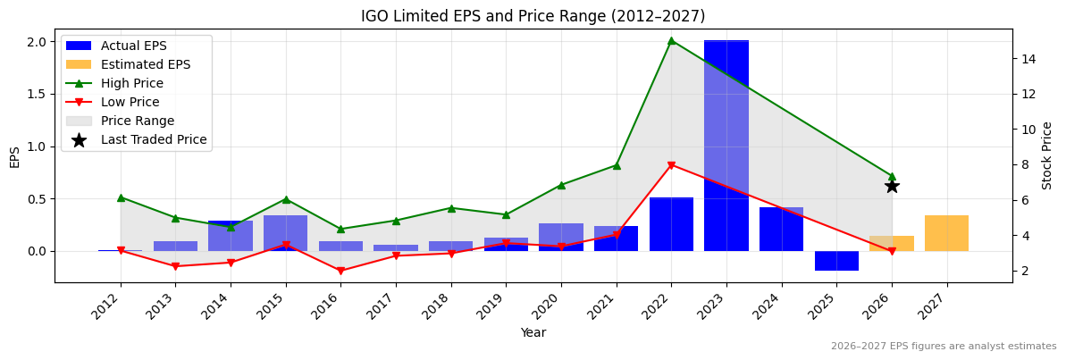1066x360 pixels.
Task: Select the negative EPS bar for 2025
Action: tap(836, 260)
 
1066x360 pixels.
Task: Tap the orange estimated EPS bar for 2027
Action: tap(946, 233)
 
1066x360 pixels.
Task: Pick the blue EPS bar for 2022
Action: tap(671, 224)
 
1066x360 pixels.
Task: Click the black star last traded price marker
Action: tap(892, 186)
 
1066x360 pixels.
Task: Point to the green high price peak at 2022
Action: tap(671, 40)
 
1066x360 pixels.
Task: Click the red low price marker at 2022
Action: tap(671, 165)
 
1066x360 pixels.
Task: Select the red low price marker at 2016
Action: tap(340, 271)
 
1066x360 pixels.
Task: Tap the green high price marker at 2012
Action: tap(121, 197)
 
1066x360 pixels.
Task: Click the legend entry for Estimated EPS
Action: tap(145, 64)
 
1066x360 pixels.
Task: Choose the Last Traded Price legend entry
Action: tap(153, 139)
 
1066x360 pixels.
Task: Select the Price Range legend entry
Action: tap(137, 121)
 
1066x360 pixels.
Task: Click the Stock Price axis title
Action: tap(1047, 155)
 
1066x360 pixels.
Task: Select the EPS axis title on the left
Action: tap(14, 156)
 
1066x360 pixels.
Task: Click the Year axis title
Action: tap(533, 333)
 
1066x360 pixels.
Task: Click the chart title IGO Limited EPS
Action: tap(533, 16)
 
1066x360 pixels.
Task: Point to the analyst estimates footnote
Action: tap(943, 347)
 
